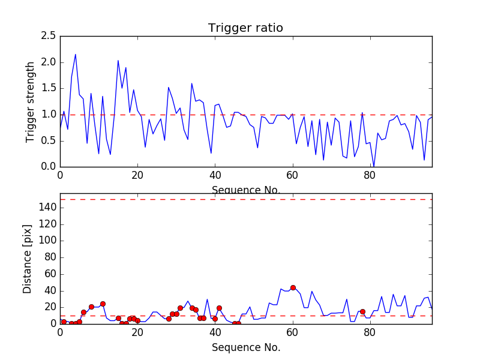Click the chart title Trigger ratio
(x=245, y=28)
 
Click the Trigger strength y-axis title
(x=31, y=101)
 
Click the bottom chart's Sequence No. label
(x=245, y=347)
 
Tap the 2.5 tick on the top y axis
(x=49, y=36)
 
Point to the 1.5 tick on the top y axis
(x=49, y=88)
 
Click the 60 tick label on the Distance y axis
(x=50, y=274)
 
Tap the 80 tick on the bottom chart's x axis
(x=370, y=333)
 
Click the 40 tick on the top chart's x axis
(x=215, y=176)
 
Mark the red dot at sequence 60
(x=293, y=287)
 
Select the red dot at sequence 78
(x=362, y=311)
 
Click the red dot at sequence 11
(x=103, y=304)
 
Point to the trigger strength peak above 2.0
(x=75, y=55)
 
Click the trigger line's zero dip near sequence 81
(x=374, y=166)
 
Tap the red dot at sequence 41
(x=219, y=308)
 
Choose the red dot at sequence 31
(x=180, y=308)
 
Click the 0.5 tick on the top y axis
(x=49, y=140)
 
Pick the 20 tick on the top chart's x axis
(x=137, y=176)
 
